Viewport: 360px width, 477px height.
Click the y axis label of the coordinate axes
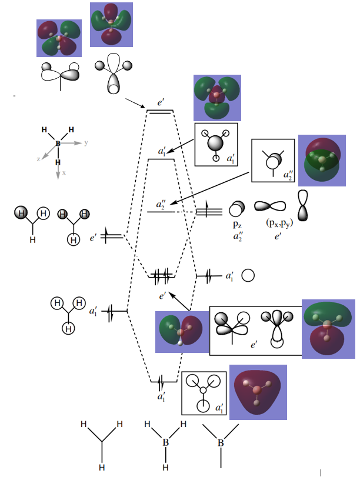pyautogui.click(x=86, y=143)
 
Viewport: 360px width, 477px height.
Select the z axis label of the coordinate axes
pyautogui.click(x=39, y=159)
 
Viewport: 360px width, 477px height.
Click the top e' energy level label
pyautogui.click(x=160, y=102)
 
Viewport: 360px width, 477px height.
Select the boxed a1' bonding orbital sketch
pyautogui.click(x=204, y=392)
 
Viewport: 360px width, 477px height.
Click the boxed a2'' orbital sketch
pyautogui.click(x=272, y=160)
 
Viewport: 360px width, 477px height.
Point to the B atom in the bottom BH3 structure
pyautogui.click(x=165, y=442)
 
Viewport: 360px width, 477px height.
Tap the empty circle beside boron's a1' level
pyautogui.click(x=248, y=275)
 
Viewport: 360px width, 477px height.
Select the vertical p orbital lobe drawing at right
pyautogui.click(x=303, y=206)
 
